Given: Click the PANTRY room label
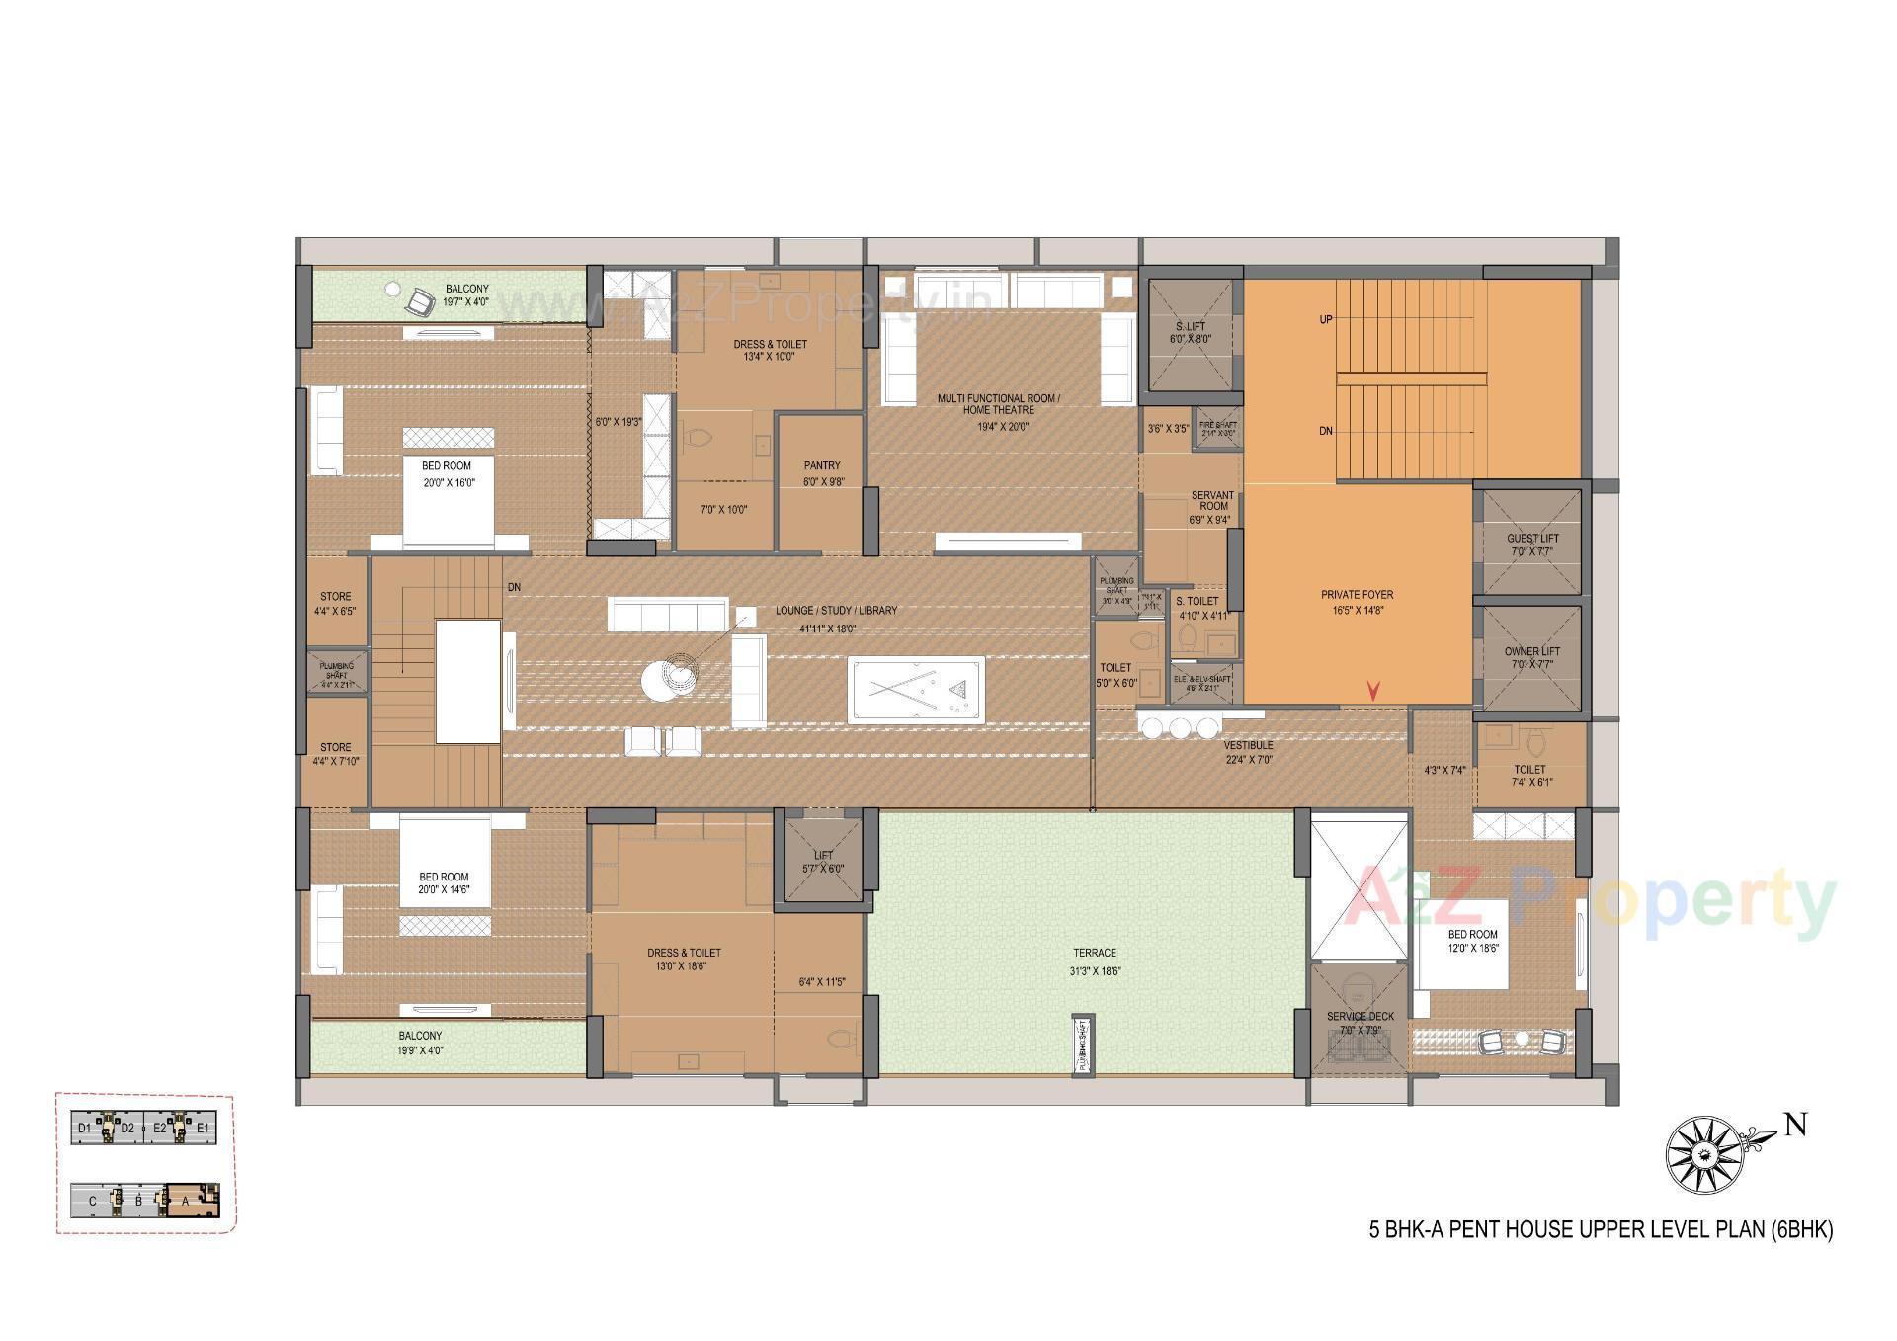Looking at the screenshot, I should point(822,465).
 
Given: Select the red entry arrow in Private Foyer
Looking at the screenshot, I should point(1373,691).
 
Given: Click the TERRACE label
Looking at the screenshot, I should point(1095,954).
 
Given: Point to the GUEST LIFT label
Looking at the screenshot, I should point(1532,540).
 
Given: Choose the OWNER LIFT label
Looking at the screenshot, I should point(1532,652).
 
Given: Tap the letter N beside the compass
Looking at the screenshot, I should point(1795,1126).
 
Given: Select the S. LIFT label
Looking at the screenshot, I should point(1190,327).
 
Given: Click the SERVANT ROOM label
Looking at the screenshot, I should point(1212,501).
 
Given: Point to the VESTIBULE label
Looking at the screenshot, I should point(1248,746).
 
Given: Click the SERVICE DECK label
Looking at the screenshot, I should point(1360,1017).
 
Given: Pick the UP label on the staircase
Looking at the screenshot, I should point(1326,319).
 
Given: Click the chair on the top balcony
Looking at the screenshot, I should point(422,298).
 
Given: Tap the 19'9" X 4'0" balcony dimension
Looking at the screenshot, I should point(421,1050).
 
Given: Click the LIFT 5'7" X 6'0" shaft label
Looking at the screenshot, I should point(823,862).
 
